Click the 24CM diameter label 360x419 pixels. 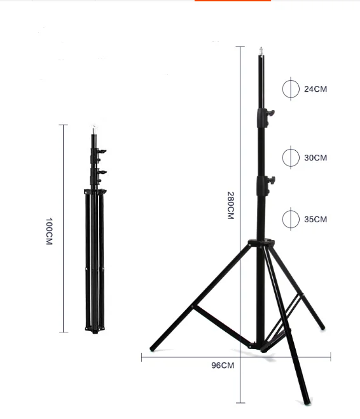315,89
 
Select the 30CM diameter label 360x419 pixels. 315,157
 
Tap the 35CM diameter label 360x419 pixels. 315,219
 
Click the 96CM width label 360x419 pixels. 223,366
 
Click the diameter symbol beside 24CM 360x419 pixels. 290,89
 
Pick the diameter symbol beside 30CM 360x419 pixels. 290,157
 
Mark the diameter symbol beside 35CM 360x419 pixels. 290,219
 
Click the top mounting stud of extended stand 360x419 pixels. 261,51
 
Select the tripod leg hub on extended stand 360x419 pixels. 261,243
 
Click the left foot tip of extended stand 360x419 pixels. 152,349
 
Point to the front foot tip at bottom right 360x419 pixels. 307,402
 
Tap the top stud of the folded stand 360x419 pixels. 94,129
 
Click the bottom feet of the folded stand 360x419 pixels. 94,329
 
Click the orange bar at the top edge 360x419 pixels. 232,1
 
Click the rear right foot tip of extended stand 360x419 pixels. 322,327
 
